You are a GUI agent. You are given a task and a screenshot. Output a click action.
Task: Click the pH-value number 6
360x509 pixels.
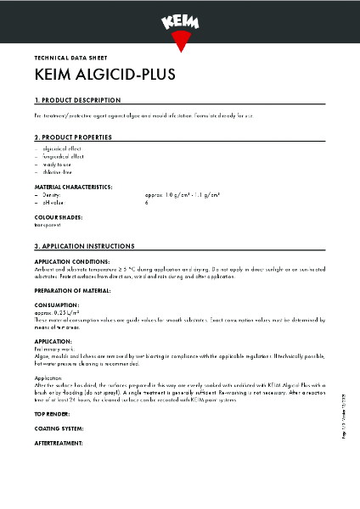(x=146, y=203)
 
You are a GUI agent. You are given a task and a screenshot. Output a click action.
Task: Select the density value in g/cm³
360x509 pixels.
(x=182, y=195)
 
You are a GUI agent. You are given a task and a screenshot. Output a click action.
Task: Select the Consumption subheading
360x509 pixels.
(x=58, y=304)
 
